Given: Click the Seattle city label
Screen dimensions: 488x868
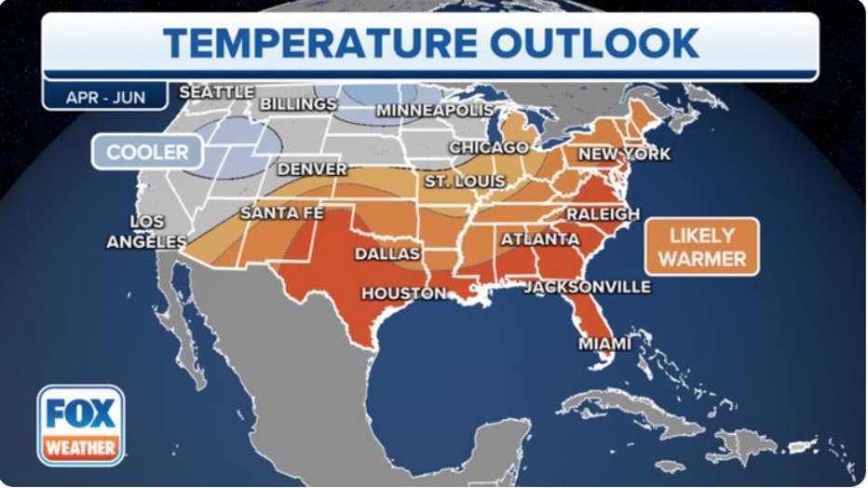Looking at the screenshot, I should pos(216,92).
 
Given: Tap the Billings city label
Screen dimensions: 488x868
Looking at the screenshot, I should pos(298,104).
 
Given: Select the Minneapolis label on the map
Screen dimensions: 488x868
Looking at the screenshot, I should pos(434,111).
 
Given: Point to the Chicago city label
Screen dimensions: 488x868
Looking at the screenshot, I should pos(489,148).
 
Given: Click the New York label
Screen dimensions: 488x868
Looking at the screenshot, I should pos(623,154).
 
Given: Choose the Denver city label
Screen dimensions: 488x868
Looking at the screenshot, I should pos(312,170).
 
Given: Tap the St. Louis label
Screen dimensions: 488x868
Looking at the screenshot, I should pos(465,181).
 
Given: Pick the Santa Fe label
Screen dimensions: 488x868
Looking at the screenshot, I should pos(281,213).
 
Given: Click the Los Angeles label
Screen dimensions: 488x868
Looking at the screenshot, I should pos(147,232).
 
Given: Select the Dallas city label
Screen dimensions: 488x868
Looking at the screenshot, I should pos(387,253).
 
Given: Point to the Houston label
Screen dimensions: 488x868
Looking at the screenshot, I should pos(404,293).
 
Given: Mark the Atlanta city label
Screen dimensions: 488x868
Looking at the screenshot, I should pos(540,239).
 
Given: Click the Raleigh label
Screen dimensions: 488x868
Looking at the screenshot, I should pos(604,214).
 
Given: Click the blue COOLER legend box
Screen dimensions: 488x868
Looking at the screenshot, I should pos(147,153).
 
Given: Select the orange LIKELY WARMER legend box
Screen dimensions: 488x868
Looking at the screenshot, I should pos(702,247).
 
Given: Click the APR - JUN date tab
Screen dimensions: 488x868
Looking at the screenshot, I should pos(105,97).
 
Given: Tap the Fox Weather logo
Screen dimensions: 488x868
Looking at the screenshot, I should pos(81,425).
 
